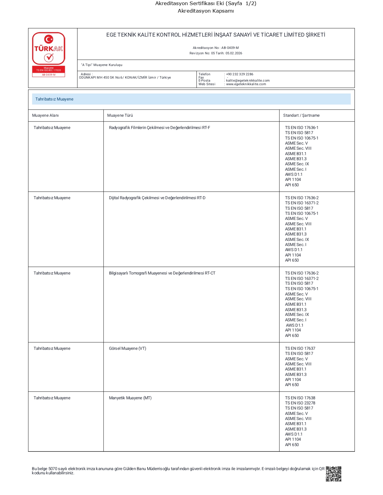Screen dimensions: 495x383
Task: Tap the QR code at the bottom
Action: point(333,474)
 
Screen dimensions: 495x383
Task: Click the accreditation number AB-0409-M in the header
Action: point(230,48)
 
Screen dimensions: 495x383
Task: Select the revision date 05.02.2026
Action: point(234,53)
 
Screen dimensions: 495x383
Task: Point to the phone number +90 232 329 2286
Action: point(240,74)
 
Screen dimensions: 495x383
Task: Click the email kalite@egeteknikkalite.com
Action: point(248,80)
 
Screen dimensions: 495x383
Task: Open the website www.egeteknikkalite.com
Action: point(246,84)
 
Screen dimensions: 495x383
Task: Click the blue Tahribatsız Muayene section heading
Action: point(54,99)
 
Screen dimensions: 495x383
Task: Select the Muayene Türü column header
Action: point(120,115)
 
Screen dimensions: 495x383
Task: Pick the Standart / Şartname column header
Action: point(301,115)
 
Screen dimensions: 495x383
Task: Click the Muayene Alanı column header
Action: point(45,115)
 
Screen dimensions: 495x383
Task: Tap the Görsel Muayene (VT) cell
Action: point(127,349)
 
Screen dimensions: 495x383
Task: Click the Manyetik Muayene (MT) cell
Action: point(130,398)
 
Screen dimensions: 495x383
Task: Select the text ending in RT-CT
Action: point(162,273)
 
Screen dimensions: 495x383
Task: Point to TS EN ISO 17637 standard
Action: point(300,349)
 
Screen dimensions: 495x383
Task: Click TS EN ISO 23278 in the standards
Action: point(300,403)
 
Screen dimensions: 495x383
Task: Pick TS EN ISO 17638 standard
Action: point(300,398)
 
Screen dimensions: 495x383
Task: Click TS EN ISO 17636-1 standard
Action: point(302,128)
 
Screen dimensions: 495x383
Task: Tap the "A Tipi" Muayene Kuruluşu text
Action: point(102,65)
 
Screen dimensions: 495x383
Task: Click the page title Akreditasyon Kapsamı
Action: point(205,11)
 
